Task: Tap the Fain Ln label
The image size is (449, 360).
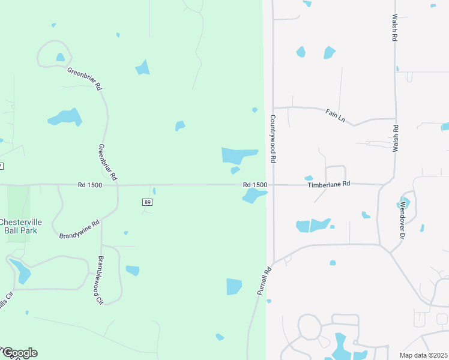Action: click(336, 115)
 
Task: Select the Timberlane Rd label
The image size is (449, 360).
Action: click(328, 185)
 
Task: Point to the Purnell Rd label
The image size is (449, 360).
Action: click(264, 280)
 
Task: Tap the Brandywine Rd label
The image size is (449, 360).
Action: click(79, 229)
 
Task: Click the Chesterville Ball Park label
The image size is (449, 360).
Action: click(19, 225)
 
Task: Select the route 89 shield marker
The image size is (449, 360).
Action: click(147, 202)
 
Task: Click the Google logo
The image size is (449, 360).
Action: click(19, 353)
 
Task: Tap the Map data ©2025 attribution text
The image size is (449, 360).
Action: click(423, 355)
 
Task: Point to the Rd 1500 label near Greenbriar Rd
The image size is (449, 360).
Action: click(90, 185)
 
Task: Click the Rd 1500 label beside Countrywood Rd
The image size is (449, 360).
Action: click(255, 185)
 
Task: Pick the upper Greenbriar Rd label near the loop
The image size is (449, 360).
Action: click(84, 79)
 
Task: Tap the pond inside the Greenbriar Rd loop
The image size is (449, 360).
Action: click(60, 58)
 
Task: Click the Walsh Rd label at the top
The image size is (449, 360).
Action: click(395, 28)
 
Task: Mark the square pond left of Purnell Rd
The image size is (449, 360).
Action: click(234, 287)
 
